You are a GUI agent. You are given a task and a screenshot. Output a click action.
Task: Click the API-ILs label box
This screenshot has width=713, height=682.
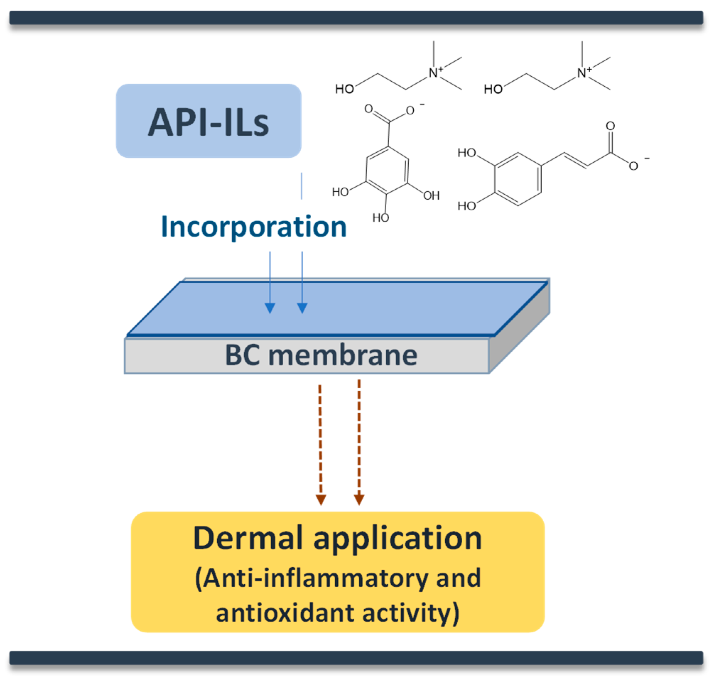pos(208,121)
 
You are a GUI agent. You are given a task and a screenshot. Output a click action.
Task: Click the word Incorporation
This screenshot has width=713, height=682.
pos(253,227)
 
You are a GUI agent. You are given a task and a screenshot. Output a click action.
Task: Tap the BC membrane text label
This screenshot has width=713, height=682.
pos(321,355)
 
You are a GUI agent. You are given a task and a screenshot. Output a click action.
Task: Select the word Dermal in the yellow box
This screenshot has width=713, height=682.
pos(248,538)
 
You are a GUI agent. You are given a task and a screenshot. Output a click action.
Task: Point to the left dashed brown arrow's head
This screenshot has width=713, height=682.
pos(321,500)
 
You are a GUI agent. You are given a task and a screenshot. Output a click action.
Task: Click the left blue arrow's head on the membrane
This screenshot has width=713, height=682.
pos(270,308)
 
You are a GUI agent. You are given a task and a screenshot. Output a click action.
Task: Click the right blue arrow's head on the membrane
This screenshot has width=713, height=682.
pos(302,308)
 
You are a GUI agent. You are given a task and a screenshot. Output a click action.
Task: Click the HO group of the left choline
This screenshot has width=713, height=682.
pos(344,89)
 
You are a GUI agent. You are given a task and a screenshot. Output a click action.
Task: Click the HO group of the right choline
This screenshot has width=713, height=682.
pos(493,89)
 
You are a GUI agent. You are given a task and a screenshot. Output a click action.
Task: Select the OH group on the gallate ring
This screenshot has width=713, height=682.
pos(431,196)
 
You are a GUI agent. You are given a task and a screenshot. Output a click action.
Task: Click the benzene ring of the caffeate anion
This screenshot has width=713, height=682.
pos(517,179)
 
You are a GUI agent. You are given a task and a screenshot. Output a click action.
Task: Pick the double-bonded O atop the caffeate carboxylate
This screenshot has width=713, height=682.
pos(610,126)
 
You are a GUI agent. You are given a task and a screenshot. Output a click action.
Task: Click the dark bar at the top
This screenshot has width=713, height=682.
pos(356,17)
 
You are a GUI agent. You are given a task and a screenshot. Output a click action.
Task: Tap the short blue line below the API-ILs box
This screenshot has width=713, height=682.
pos(301,186)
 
